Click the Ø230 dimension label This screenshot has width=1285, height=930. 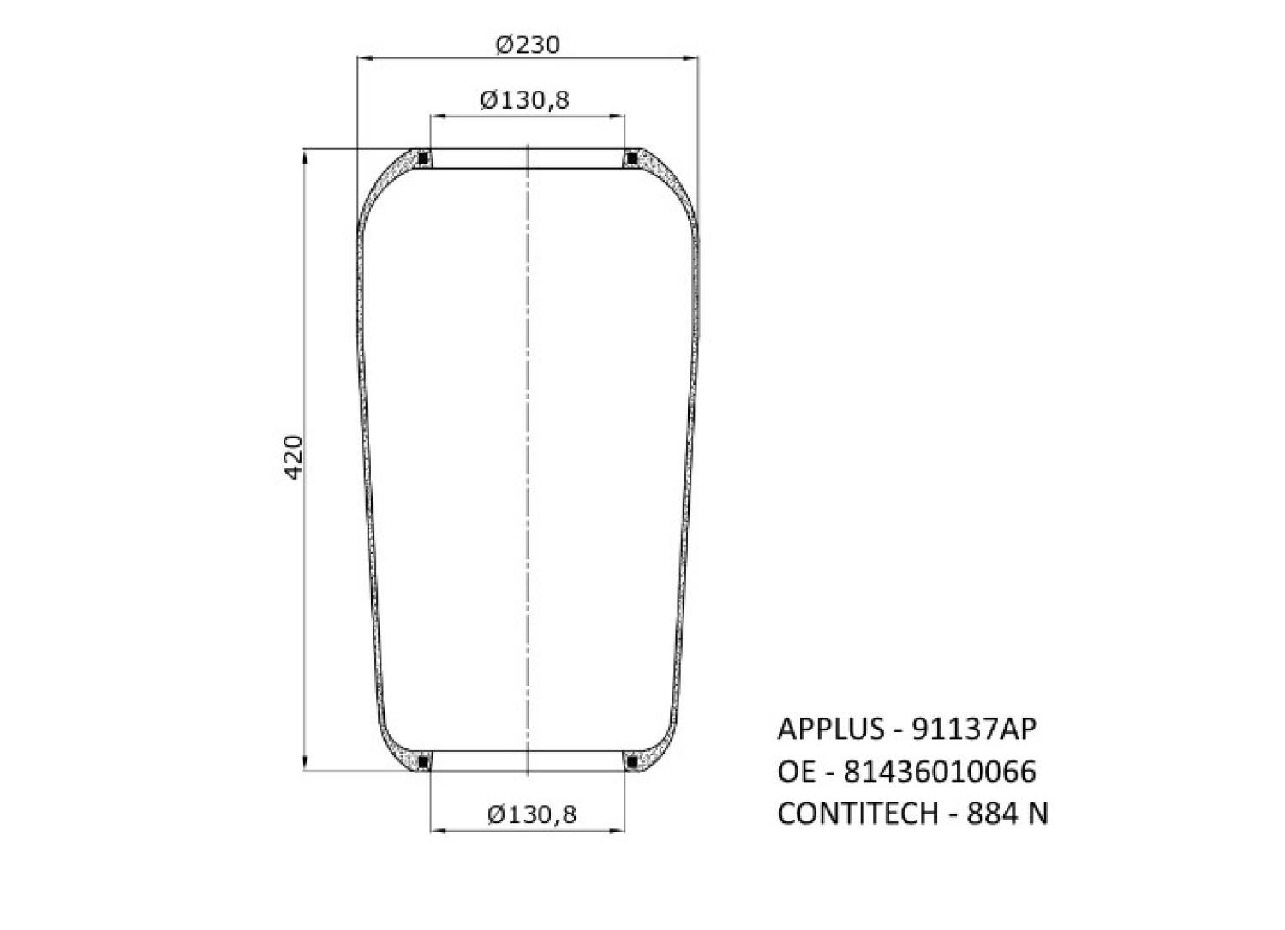coord(527,45)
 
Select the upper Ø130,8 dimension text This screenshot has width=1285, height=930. coord(524,100)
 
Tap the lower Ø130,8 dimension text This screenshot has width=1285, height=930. coord(532,814)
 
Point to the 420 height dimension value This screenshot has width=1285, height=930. coord(294,457)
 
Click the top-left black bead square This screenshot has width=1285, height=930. coord(424,158)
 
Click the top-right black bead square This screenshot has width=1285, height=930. coord(631,158)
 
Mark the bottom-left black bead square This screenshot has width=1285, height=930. coord(424,762)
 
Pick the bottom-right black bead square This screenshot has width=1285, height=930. coord(631,762)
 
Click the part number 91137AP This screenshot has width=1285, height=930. coord(974,730)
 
